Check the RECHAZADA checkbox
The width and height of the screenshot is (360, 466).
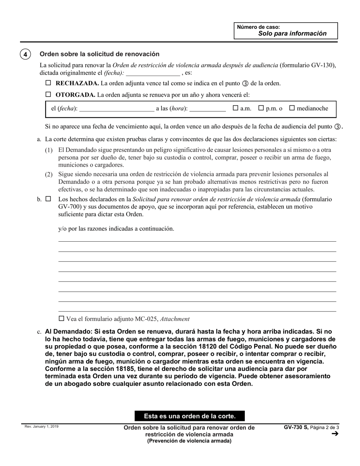click(x=48, y=83)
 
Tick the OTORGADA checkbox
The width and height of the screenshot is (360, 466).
click(x=48, y=95)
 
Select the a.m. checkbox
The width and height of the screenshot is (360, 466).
click(x=235, y=108)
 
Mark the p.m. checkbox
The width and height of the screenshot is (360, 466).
click(x=261, y=108)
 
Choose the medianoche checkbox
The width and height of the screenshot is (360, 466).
click(x=292, y=108)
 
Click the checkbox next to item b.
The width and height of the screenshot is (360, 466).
click(x=48, y=199)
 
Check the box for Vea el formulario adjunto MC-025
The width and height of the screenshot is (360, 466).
click(x=61, y=319)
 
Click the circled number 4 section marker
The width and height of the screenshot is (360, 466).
click(x=25, y=54)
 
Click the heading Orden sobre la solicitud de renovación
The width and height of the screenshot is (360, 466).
click(x=100, y=54)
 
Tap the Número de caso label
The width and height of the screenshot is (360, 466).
click(x=258, y=27)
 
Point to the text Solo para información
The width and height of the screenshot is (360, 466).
click(x=292, y=33)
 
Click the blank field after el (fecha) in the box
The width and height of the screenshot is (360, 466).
click(x=116, y=109)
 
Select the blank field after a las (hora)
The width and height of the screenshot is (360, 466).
click(x=207, y=109)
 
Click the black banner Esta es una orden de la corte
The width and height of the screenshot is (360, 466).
click(x=189, y=416)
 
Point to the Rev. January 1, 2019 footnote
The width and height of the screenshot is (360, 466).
click(x=42, y=427)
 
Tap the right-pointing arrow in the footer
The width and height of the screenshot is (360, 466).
click(x=335, y=434)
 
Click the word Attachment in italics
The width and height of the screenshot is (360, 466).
click(x=175, y=319)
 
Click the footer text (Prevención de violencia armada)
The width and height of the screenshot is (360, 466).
click(x=189, y=441)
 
